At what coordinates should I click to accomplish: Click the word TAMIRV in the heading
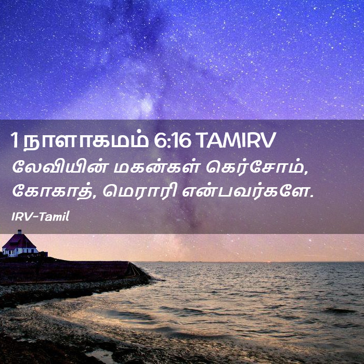pyautogui.click(x=237, y=140)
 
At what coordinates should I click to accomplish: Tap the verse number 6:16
pyautogui.click(x=172, y=140)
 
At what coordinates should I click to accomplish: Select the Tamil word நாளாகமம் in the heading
pyautogui.click(x=86, y=141)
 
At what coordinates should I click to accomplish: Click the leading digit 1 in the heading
pyautogui.click(x=15, y=140)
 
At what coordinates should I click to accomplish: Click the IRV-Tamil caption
pyautogui.click(x=41, y=217)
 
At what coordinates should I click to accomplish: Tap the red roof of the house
pyautogui.click(x=19, y=241)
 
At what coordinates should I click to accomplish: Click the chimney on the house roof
pyautogui.click(x=20, y=232)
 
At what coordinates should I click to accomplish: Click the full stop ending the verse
pyautogui.click(x=311, y=196)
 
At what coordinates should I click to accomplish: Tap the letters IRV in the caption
pyautogui.click(x=20, y=217)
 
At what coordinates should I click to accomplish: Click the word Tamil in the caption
pyautogui.click(x=54, y=216)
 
